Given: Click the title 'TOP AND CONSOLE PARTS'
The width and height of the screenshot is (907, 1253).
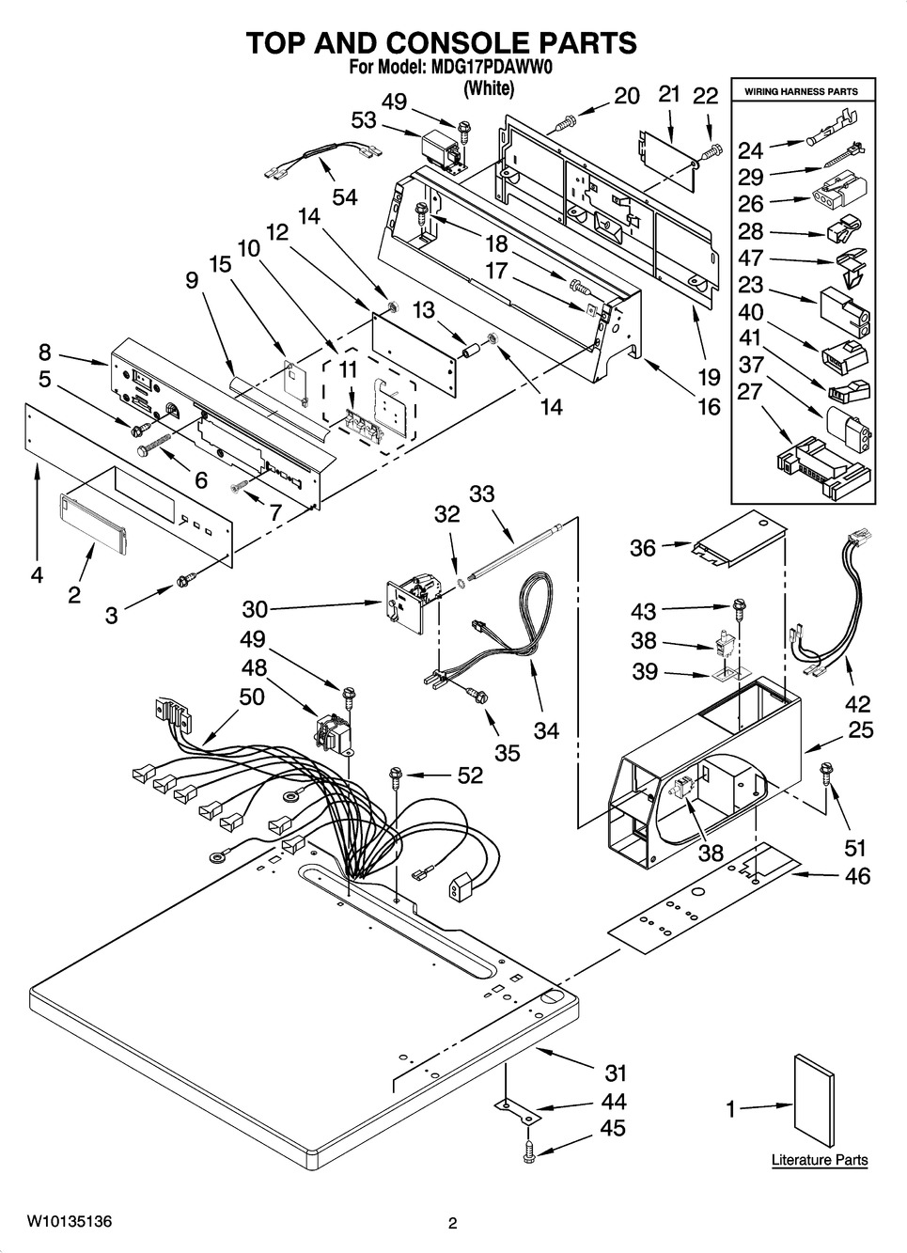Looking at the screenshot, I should (x=442, y=42).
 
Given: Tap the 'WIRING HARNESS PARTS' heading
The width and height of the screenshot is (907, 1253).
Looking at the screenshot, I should (x=801, y=92).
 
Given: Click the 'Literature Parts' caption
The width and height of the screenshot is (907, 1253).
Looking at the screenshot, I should (x=820, y=1160).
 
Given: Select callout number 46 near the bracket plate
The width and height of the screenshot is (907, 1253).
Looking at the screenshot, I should (x=857, y=876).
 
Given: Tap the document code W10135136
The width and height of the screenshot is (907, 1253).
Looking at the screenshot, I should (x=70, y=1222).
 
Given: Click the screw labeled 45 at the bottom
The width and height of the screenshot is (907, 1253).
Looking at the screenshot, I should (x=530, y=1148).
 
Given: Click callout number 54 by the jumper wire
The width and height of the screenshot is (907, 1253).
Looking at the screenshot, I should (x=345, y=197).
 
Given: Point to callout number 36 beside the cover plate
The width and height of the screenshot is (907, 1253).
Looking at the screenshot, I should (x=643, y=547).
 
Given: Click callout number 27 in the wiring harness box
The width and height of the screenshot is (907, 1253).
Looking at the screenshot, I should (x=749, y=391).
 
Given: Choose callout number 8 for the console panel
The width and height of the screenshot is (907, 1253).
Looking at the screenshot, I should (x=45, y=352).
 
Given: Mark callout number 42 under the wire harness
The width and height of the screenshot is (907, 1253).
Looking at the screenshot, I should (x=857, y=702).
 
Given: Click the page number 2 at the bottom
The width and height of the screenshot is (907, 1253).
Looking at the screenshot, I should (x=452, y=1223).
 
